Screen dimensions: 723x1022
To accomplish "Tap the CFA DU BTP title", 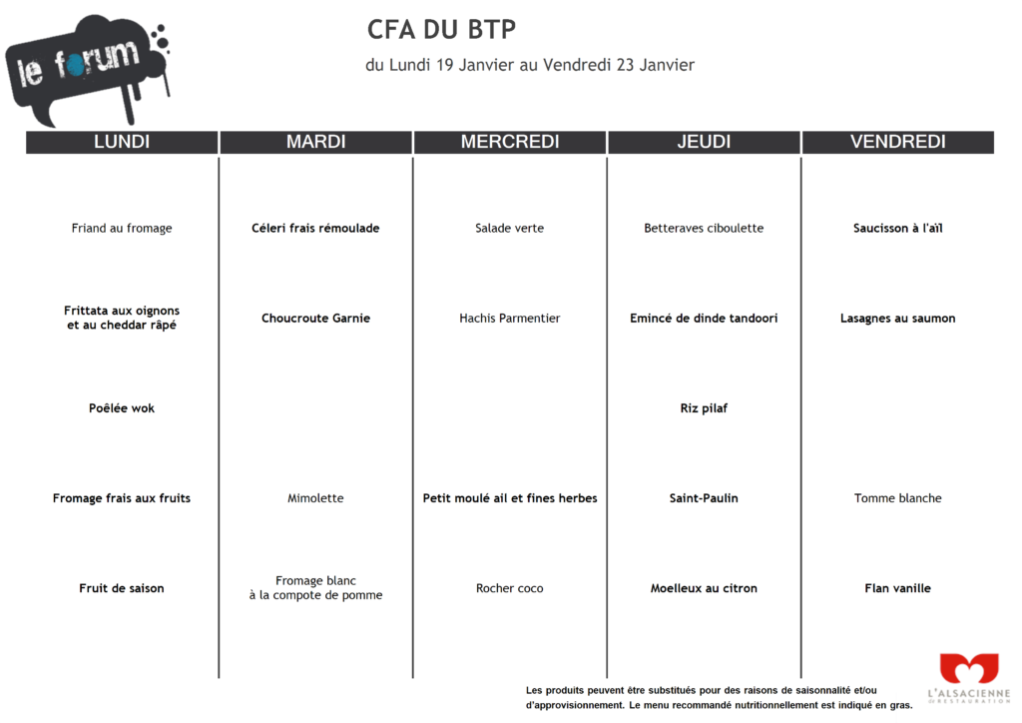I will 441,30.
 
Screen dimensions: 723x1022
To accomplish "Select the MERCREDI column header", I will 510,142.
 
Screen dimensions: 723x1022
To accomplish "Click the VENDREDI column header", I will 897,142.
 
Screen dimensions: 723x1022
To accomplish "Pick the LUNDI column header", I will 122,142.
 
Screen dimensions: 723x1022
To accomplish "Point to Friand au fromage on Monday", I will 122,229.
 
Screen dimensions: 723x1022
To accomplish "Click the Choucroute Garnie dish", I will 315,319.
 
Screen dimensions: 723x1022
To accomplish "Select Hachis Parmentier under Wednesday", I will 510,319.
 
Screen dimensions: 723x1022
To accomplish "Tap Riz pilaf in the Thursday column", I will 704,408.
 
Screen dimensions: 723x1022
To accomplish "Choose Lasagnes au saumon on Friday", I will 897,319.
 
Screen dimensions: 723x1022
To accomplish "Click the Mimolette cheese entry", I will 315,498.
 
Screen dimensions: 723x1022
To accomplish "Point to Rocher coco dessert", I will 510,588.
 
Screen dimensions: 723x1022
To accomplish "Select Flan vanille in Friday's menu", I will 897,588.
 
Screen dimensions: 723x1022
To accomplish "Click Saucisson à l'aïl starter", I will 897,229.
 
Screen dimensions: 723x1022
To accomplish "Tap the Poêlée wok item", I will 122,408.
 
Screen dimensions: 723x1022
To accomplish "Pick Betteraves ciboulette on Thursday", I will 704,229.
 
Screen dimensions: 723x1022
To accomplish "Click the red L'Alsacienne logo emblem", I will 968,669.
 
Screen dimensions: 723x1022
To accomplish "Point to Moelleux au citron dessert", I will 704,588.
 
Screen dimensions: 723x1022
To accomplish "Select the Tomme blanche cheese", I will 897,498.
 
